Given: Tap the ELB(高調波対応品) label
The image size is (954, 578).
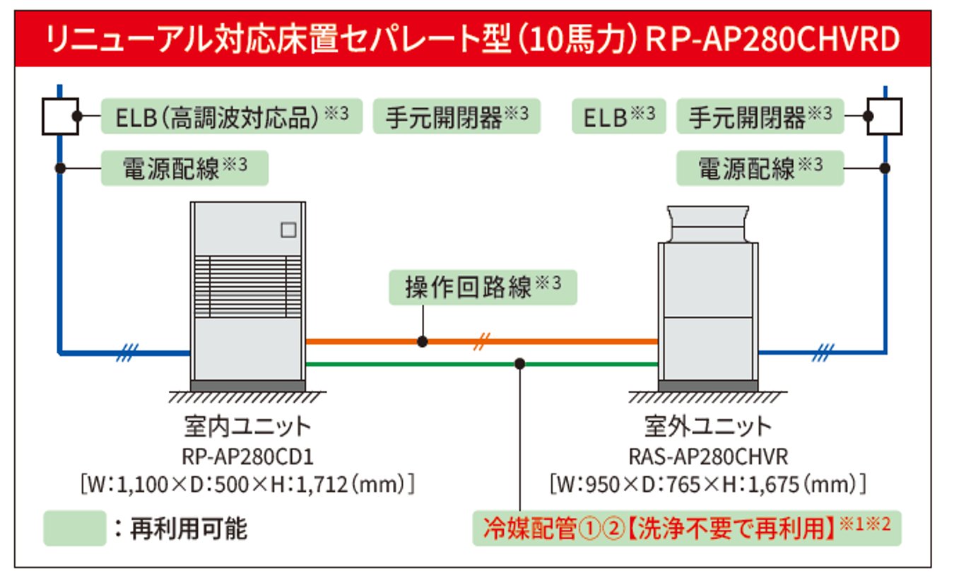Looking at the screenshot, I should pos(231,116).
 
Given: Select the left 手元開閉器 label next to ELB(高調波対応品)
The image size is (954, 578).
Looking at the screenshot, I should pos(457,116).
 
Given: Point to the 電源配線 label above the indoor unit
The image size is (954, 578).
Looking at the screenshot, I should pos(184,168).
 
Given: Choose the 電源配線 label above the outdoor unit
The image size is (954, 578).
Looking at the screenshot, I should pos(760,168).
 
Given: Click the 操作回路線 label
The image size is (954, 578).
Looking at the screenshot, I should pos(483,288).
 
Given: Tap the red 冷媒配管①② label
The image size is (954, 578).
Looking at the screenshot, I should pos(686,528).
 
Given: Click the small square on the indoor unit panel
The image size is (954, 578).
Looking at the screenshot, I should pos(288,230).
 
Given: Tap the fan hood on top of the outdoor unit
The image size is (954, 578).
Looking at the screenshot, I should pos(708,223).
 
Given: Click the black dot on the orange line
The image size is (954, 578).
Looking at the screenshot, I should pos(422,341).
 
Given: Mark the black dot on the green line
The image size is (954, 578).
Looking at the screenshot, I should pos(520,364).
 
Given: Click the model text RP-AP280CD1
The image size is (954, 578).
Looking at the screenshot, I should pos(247,457).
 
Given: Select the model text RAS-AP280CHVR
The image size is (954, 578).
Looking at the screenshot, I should pos(708,457).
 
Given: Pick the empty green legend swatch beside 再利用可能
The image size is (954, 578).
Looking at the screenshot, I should pos(75,528).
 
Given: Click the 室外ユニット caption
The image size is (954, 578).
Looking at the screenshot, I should pos(708,426).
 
